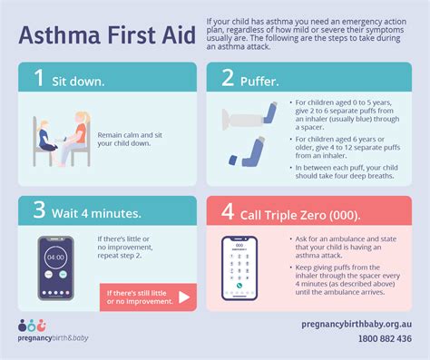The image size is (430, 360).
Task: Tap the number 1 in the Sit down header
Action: click(38, 78)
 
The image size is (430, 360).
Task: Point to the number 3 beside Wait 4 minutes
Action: click(38, 214)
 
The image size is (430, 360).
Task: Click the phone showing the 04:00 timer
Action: click(55, 268)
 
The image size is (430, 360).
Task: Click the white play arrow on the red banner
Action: click(184, 296)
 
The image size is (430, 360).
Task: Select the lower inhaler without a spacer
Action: click(249, 149)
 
